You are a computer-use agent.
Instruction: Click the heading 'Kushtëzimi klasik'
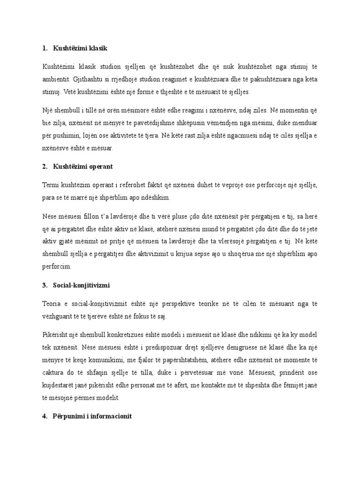point(82,48)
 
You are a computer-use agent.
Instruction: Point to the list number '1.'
point(44,48)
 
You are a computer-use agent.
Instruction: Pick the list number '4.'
point(44,415)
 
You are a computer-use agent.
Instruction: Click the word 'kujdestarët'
point(58,385)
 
